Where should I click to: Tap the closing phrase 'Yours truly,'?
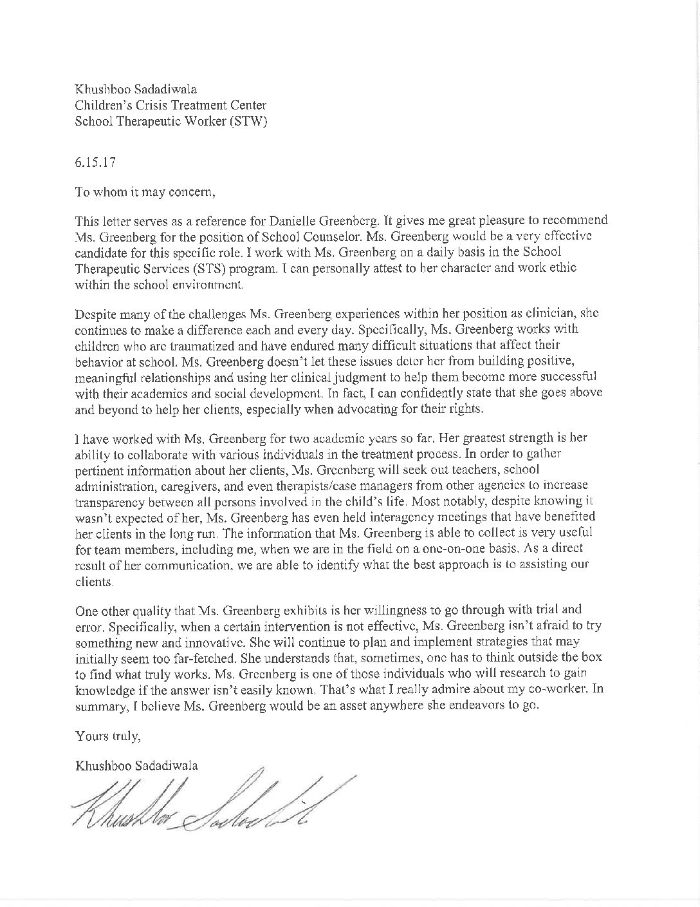tap(107, 735)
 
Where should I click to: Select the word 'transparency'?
tap(108, 484)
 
